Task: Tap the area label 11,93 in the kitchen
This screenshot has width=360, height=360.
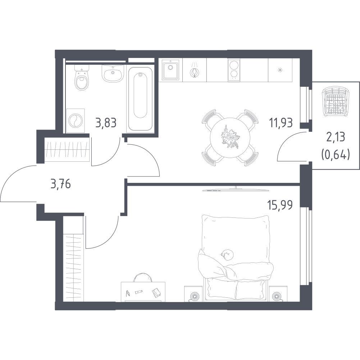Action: tap(281, 123)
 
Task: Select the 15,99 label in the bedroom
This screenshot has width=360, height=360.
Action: tap(279, 205)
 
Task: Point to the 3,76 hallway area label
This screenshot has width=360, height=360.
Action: tap(60, 185)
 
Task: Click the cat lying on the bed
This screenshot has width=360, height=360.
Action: tap(227, 254)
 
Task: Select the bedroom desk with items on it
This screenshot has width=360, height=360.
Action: tap(143, 291)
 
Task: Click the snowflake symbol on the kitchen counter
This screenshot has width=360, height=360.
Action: tap(280, 70)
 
